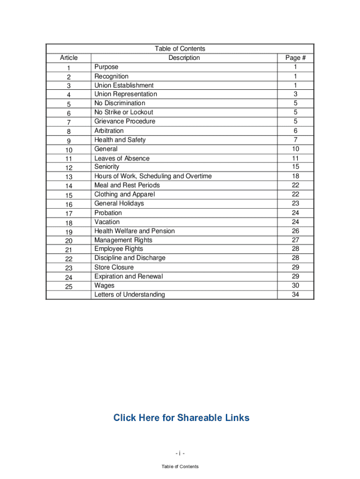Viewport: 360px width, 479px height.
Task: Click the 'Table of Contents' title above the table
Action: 180,49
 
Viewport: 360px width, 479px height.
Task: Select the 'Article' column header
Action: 69,58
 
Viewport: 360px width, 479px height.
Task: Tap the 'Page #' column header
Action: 295,58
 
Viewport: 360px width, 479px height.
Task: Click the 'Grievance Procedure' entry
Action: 125,122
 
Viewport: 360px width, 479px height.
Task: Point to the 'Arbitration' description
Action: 109,131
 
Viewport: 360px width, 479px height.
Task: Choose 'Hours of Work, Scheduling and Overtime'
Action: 153,176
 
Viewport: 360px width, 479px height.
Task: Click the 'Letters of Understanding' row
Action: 130,295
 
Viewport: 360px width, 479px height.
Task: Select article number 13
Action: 69,177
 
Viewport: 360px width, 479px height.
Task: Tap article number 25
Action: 69,287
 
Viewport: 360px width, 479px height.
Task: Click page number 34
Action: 295,295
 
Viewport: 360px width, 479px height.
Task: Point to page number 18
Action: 295,176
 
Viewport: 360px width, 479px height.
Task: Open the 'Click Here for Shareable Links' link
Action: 181,418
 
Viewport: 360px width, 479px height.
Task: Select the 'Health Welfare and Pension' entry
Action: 135,231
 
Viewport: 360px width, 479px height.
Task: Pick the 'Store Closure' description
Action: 114,268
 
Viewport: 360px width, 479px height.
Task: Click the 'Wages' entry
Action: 104,286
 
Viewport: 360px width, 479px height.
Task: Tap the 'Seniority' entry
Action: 107,167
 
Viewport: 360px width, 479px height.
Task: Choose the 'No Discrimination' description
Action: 120,103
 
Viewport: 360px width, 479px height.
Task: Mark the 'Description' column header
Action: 184,58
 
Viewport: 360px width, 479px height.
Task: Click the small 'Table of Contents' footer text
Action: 180,466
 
